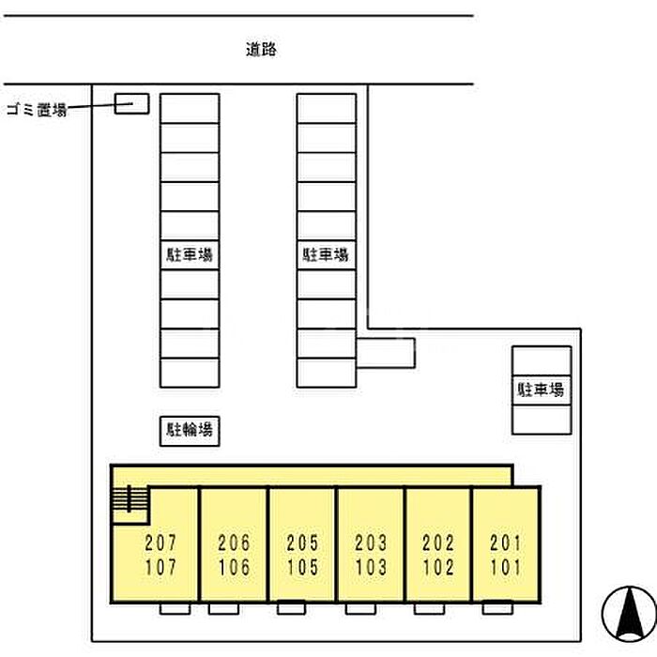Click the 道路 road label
click(x=262, y=51)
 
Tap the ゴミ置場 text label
click(x=36, y=110)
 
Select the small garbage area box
click(x=131, y=103)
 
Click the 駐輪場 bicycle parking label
click(x=189, y=431)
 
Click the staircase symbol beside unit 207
click(x=130, y=504)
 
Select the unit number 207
click(x=160, y=543)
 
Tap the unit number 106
click(x=233, y=567)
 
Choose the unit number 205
click(x=302, y=543)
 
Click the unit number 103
click(x=371, y=567)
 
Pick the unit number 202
click(x=438, y=543)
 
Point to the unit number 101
click(x=506, y=567)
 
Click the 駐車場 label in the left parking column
click(x=189, y=255)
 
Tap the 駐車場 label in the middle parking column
click(x=327, y=255)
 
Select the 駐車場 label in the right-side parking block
click(x=542, y=390)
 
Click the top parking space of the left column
click(x=189, y=108)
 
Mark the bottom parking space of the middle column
click(x=327, y=372)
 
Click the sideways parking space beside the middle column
click(x=386, y=353)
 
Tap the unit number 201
click(x=506, y=543)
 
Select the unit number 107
click(x=160, y=567)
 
